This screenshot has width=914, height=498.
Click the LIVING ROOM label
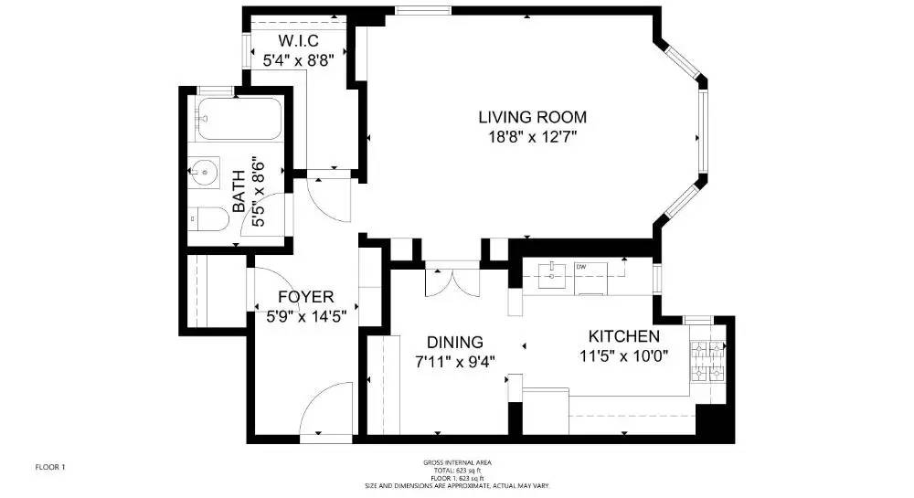532,117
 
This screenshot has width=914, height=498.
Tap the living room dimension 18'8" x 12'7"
532,137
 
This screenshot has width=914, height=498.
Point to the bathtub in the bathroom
228,120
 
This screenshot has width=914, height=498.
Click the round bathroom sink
204,170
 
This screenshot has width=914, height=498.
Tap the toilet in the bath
208,219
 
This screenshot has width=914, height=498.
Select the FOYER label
305,297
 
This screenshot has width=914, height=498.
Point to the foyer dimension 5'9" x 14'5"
305,316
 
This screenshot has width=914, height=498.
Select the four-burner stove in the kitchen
709,361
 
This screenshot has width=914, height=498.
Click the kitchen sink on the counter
553,272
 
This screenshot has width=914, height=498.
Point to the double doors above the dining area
452,280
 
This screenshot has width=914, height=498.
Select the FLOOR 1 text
49,467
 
